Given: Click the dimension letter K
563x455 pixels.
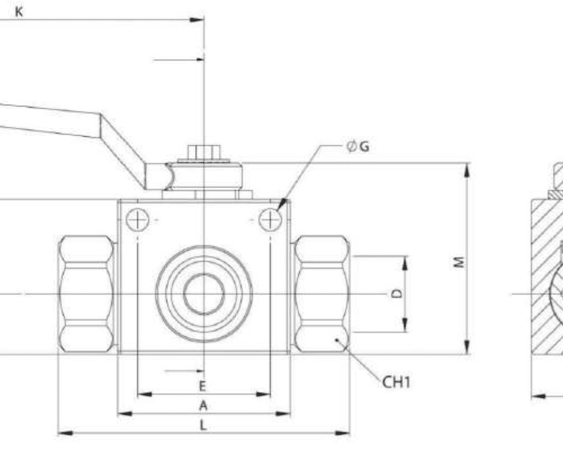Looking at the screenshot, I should pyautogui.click(x=19, y=12).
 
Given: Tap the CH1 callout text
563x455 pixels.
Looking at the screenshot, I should pyautogui.click(x=396, y=382).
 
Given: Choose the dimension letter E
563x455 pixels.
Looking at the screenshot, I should pyautogui.click(x=203, y=386).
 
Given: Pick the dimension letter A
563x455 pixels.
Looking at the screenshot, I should pyautogui.click(x=203, y=405).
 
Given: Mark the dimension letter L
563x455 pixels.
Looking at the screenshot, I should pyautogui.click(x=203, y=425).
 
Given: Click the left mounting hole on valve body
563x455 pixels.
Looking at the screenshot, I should pyautogui.click(x=137, y=219).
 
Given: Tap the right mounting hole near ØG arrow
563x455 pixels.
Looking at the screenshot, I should pyautogui.click(x=270, y=219).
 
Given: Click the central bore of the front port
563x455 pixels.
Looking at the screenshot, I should pyautogui.click(x=204, y=294).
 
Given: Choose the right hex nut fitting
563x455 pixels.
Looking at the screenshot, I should pyautogui.click(x=321, y=295).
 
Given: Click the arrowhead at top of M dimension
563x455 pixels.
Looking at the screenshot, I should pyautogui.click(x=467, y=169).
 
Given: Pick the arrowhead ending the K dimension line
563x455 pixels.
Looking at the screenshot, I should pyautogui.click(x=196, y=20).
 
